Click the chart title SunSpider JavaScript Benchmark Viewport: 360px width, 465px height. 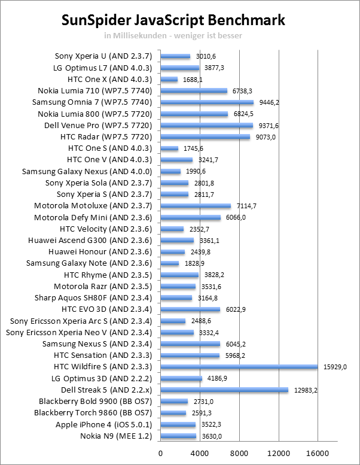[x=174, y=21]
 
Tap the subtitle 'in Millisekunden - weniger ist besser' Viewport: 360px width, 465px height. [x=173, y=35]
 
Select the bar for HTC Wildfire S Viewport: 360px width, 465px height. [x=239, y=367]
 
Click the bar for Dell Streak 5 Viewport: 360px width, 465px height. [x=224, y=390]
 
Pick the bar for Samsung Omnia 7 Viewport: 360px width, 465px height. [x=206, y=102]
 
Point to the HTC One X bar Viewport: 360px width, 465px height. [x=169, y=80]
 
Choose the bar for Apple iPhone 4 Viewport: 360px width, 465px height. [x=178, y=424]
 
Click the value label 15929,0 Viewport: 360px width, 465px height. [x=334, y=367]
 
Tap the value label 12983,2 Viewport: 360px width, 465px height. [x=305, y=390]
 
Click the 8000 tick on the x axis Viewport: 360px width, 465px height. [x=239, y=452]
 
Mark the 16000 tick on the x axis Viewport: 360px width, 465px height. [x=318, y=452]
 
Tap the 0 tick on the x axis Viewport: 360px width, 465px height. [x=160, y=452]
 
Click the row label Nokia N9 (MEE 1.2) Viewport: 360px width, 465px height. [x=117, y=436]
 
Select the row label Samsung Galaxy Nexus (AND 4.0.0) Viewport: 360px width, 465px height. [x=87, y=171]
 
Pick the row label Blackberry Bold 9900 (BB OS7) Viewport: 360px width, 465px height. [x=96, y=402]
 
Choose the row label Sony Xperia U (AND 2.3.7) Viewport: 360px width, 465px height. [x=104, y=56]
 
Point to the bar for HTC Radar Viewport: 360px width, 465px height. [x=205, y=137]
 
